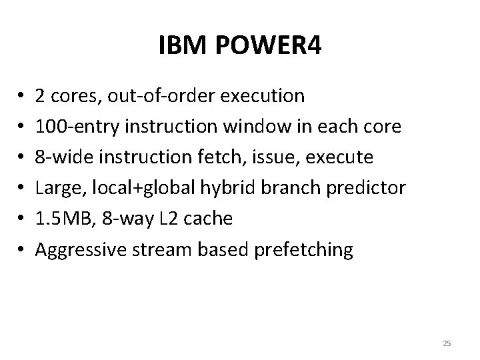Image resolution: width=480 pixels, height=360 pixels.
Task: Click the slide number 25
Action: click(x=447, y=343)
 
